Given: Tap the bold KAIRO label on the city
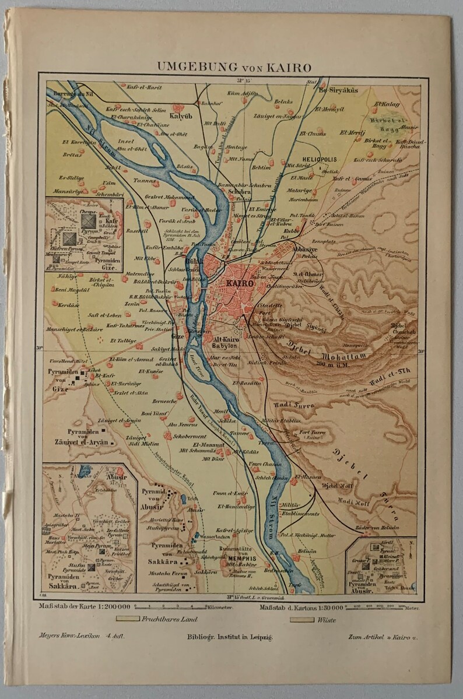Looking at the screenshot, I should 237,283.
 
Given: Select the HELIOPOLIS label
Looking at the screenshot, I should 320,159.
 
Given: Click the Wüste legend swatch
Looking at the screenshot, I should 301,619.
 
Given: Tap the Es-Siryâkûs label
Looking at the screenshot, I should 338,91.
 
